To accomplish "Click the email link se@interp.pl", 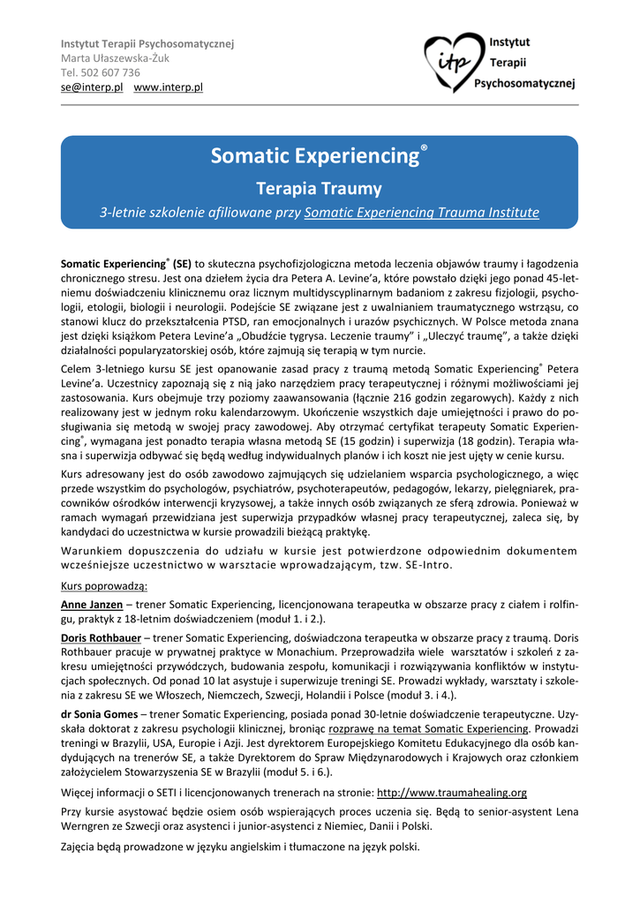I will coord(91,87).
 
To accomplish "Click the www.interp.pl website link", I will coord(169,87).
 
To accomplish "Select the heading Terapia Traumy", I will coord(319,188).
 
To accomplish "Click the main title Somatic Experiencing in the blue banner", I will coord(313,157).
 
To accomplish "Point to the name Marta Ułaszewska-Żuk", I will coord(114,58).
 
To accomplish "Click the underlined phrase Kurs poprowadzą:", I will coord(104,585).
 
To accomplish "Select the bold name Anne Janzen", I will coord(91,605).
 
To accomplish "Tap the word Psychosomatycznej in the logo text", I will coord(524,84).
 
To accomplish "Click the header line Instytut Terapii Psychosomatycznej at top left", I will coord(147,44).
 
